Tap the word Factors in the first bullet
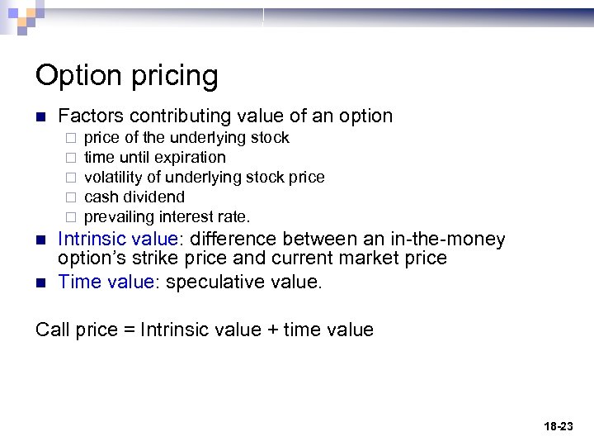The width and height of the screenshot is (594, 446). point(91,116)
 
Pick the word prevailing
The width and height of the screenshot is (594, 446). point(120,217)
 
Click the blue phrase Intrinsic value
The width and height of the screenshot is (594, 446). point(118,240)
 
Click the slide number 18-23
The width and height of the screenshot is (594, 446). point(559,426)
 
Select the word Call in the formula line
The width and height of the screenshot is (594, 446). point(53,330)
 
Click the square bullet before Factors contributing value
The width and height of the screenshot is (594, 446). point(40,116)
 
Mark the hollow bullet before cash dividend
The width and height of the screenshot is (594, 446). point(71,197)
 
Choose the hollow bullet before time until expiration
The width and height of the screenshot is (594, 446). point(71,158)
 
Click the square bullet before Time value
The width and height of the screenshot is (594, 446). point(40,282)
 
